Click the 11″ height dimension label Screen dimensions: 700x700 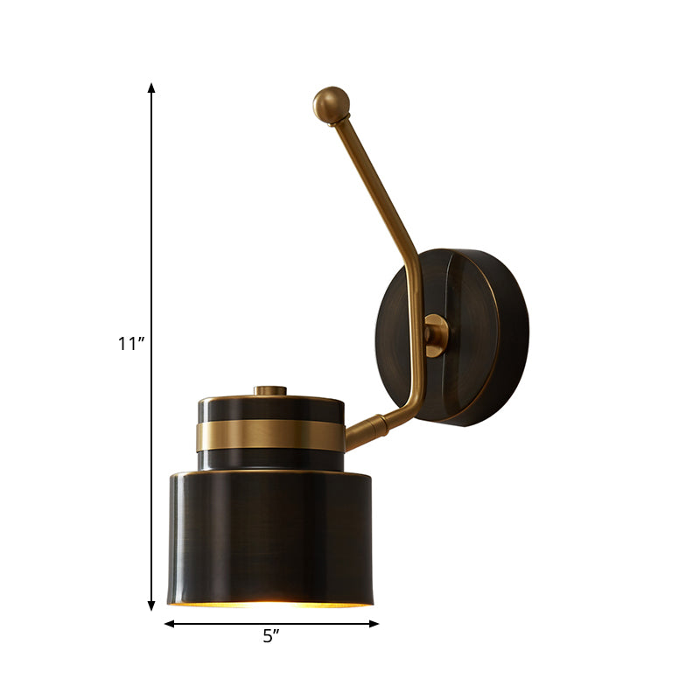click(130, 344)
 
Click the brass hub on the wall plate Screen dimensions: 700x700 click(435, 335)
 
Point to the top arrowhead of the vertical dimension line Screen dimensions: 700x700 click(152, 88)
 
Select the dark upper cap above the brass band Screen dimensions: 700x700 click(270, 409)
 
